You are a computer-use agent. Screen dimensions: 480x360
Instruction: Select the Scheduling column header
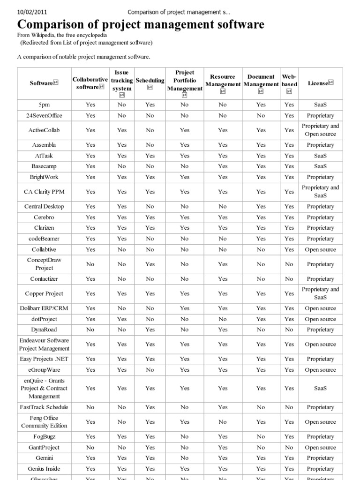tap(150, 80)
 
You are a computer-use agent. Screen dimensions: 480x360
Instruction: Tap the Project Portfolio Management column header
tap(185, 81)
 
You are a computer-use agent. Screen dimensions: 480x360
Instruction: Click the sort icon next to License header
tap(331, 82)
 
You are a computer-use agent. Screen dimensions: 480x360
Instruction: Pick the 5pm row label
tap(45, 105)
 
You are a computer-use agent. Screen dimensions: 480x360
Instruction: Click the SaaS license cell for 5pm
tap(320, 105)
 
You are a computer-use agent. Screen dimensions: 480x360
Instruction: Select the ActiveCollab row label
tap(45, 130)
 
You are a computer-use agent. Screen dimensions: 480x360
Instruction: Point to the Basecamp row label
tap(45, 166)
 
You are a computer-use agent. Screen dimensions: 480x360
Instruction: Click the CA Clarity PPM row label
tap(45, 192)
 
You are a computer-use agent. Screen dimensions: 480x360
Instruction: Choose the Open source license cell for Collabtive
tap(320, 249)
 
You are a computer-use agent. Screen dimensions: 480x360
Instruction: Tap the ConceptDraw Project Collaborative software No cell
tap(90, 264)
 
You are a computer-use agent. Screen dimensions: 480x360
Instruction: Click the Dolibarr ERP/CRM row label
tap(45, 308)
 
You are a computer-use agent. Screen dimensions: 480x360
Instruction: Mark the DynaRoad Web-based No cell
tap(289, 330)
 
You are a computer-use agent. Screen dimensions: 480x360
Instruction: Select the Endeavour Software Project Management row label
tap(45, 345)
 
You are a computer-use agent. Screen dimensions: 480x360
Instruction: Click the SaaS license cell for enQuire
tap(320, 388)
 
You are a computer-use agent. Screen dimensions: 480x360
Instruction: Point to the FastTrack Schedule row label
tap(45, 407)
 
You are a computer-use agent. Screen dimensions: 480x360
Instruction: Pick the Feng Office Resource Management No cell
tap(223, 422)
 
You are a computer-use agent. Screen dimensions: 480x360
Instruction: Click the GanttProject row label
tap(45, 448)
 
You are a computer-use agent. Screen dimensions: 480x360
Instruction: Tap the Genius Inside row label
tap(45, 469)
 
